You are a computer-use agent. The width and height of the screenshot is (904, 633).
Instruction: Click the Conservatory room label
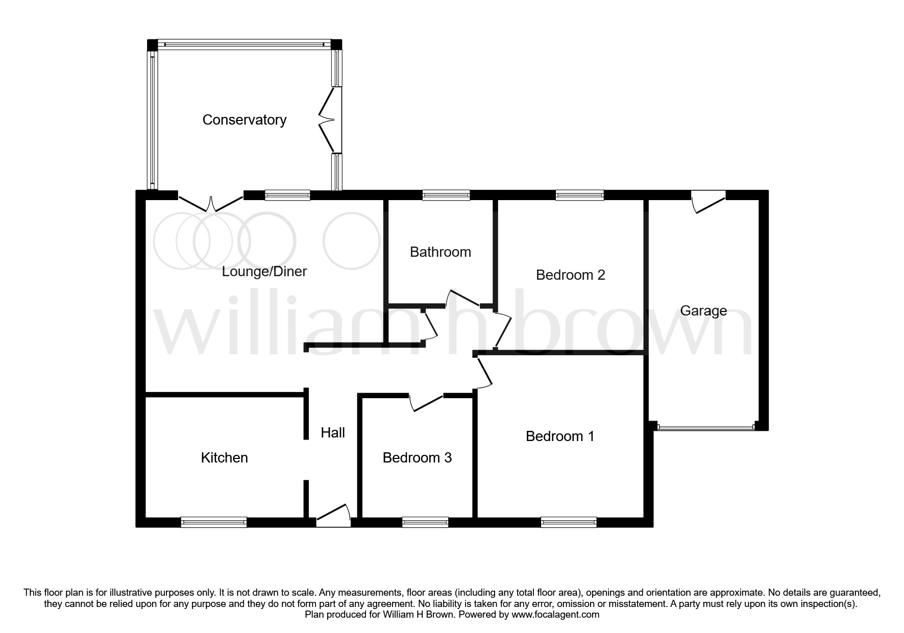(244, 120)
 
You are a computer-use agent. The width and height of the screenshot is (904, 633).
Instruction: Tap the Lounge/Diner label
(264, 272)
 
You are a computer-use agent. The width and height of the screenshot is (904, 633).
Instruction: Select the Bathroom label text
(440, 252)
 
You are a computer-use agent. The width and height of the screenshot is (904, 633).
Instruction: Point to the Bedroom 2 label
(570, 275)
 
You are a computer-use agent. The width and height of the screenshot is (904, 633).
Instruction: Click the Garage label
(703, 311)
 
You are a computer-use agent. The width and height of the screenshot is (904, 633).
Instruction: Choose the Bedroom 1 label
(560, 436)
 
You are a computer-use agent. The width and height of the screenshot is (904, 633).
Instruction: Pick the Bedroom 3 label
(417, 458)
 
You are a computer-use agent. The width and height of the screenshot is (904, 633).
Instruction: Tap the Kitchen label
(224, 458)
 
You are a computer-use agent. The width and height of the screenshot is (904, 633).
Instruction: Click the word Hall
(333, 433)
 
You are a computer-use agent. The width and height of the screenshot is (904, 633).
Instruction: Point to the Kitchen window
(213, 522)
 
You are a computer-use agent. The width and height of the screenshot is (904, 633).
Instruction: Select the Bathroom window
(446, 194)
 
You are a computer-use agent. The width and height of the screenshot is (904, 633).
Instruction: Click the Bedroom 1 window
(568, 522)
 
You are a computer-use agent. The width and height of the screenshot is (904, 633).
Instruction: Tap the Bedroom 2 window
(579, 194)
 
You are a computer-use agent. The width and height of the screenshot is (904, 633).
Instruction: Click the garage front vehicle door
(704, 427)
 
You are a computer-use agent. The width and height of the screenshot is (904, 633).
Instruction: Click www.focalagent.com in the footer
(555, 615)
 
